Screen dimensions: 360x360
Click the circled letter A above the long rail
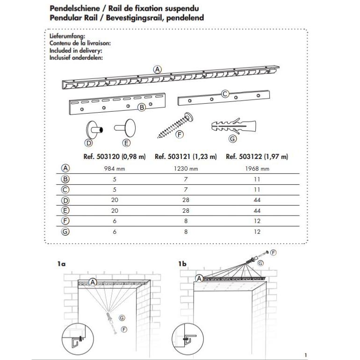click(x=158, y=69)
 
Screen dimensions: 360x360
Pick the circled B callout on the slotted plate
click(x=142, y=107)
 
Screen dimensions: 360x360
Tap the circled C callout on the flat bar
click(x=225, y=94)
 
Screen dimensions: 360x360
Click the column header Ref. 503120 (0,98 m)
click(x=114, y=157)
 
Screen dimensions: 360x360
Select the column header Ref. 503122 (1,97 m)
click(x=257, y=157)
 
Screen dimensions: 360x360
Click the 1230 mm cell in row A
click(x=186, y=169)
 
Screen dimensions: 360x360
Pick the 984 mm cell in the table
click(x=114, y=169)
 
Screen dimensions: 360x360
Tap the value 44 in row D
click(x=257, y=200)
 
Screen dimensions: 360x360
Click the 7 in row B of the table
click(x=186, y=179)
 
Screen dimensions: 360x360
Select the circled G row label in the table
click(x=65, y=231)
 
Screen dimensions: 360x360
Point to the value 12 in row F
click(x=257, y=221)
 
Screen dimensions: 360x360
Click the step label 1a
click(x=61, y=264)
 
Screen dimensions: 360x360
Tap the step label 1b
click(x=182, y=264)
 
